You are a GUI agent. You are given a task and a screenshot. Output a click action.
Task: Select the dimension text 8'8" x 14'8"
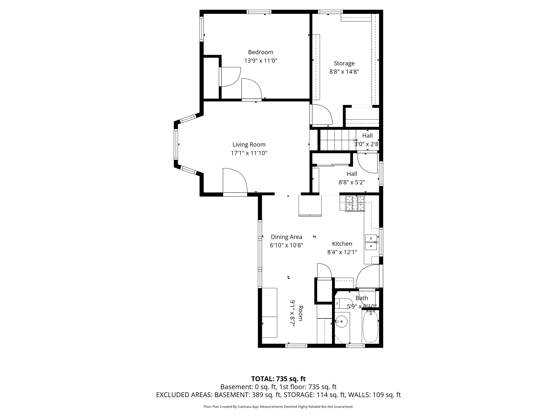(x=344, y=72)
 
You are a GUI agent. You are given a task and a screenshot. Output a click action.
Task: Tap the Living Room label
(x=249, y=145)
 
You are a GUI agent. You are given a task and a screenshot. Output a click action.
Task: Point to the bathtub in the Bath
(x=370, y=326)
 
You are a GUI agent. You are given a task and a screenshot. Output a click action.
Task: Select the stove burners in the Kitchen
(x=355, y=203)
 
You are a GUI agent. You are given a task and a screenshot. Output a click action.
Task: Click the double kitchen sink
(x=371, y=242)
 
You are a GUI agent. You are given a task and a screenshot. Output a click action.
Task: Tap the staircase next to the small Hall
(x=337, y=140)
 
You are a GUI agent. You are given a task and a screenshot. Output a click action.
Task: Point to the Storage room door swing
(x=322, y=115)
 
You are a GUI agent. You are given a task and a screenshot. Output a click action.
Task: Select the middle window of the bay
(x=176, y=144)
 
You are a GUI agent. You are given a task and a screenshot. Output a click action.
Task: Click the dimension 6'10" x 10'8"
(x=286, y=245)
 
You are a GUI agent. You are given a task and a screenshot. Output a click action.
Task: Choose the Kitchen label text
(x=342, y=244)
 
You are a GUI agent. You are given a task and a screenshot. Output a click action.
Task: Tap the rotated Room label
(x=300, y=313)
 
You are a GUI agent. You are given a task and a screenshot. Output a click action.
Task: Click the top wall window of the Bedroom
(x=259, y=12)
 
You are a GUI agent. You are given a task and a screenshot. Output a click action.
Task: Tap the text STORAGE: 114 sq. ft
(x=314, y=395)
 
